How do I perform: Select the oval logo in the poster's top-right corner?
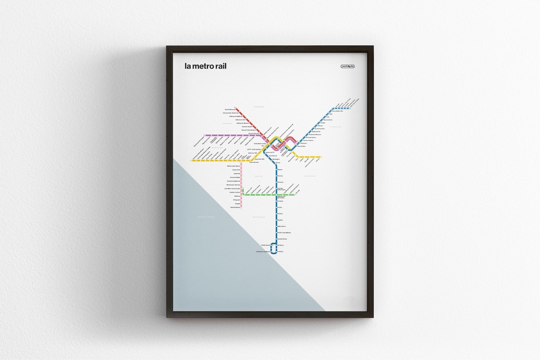pos(347,66)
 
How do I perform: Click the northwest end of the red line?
pos(236,106)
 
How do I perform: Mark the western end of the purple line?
pos(205,135)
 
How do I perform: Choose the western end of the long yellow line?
pos(192,160)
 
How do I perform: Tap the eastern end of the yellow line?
pos(321,157)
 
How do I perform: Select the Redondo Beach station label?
pos(235,207)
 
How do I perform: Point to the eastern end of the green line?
pos(295,195)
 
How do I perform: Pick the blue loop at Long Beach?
pos(274,248)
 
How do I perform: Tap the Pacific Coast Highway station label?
pos(284,232)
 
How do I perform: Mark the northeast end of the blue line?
pos(350,108)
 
